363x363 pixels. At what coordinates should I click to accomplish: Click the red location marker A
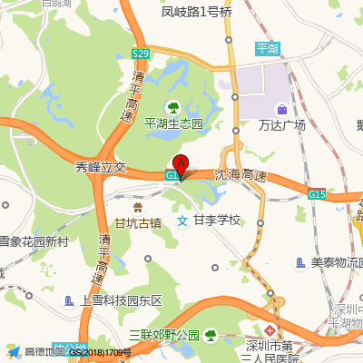click(x=181, y=167)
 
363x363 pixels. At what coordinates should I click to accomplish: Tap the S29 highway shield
click(x=140, y=54)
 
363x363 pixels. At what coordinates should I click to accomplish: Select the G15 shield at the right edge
click(x=317, y=193)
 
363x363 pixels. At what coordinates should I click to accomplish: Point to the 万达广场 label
click(x=281, y=124)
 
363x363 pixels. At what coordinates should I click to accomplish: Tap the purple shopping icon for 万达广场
click(x=281, y=109)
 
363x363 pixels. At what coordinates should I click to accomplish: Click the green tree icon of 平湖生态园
click(x=175, y=107)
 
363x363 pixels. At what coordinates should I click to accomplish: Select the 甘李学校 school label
click(x=217, y=221)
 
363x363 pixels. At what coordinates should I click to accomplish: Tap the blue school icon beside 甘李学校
click(x=182, y=221)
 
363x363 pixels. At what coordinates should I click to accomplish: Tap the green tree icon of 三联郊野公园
click(x=210, y=335)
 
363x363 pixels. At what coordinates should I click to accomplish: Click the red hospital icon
click(x=270, y=326)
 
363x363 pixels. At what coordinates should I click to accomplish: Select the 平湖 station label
click(x=268, y=47)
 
